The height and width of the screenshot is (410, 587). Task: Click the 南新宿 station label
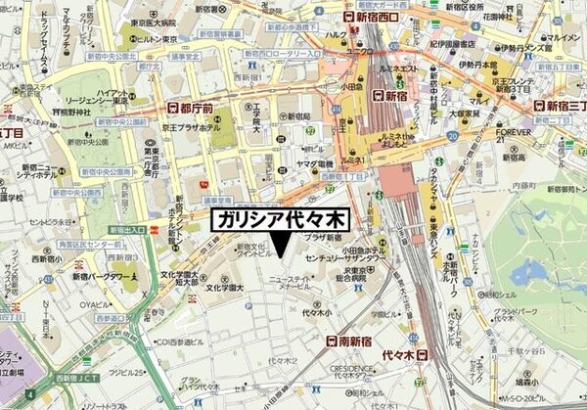click(350, 341)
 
